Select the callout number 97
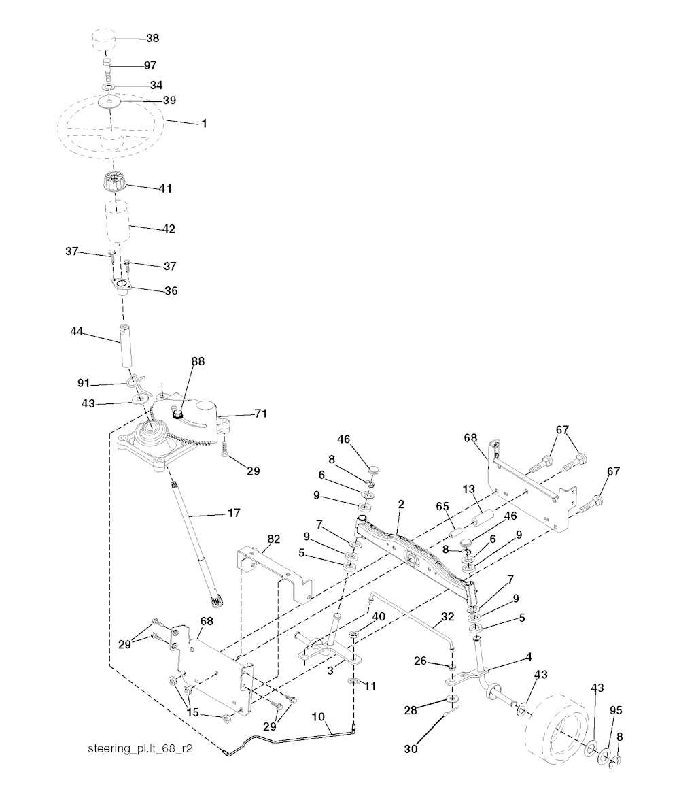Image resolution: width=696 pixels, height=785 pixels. click(150, 65)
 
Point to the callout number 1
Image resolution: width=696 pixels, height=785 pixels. click(203, 124)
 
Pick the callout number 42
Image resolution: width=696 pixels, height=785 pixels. click(169, 229)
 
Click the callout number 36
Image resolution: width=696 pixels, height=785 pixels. click(171, 290)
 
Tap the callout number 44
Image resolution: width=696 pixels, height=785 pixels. click(77, 331)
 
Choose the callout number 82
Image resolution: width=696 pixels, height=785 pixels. click(274, 539)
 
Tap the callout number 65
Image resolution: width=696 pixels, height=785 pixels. click(442, 506)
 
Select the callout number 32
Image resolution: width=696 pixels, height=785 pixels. click(447, 618)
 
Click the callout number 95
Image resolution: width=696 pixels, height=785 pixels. click(616, 711)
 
